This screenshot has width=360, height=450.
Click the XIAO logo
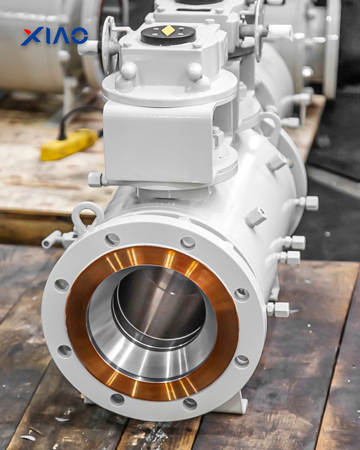tap(54, 36)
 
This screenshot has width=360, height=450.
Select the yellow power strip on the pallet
tap(69, 144)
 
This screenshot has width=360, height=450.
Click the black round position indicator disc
tap(168, 35)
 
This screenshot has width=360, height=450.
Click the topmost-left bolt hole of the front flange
tap(112, 240)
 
